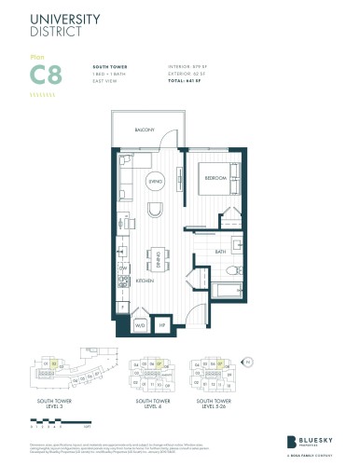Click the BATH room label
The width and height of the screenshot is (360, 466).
[220, 252]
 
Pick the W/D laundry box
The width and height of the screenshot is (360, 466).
[142, 324]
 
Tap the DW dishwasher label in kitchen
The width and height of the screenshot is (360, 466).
[121, 267]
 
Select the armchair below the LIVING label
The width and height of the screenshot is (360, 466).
[156, 207]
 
